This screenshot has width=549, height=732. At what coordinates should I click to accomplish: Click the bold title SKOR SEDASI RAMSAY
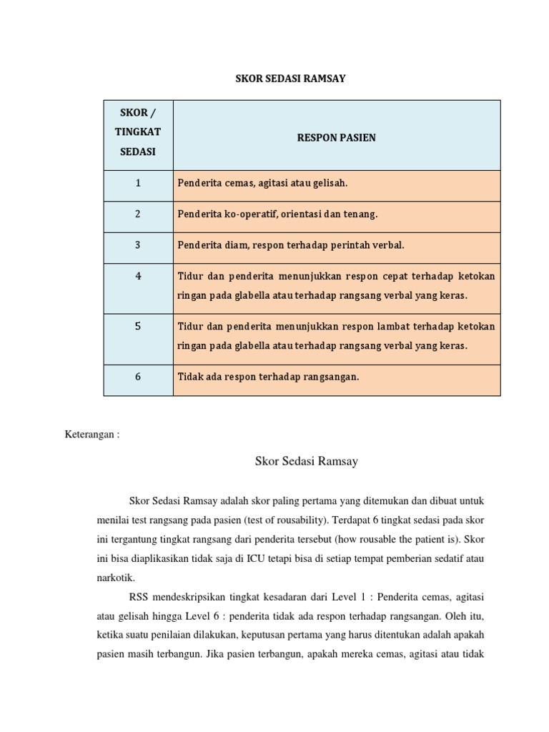click(x=290, y=79)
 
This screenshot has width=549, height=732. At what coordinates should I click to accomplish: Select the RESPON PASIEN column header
click(x=336, y=137)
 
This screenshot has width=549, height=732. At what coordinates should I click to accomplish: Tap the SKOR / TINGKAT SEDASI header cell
click(x=138, y=134)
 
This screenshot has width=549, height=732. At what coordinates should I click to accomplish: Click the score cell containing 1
click(x=138, y=184)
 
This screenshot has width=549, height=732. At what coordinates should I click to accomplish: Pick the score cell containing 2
click(x=138, y=214)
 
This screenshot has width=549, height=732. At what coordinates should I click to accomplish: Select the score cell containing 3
click(x=138, y=245)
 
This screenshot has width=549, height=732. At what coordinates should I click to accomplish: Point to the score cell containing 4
click(x=138, y=275)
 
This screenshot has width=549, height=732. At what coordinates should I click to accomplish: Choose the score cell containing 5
click(x=138, y=326)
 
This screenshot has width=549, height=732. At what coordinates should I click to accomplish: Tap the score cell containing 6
click(x=138, y=377)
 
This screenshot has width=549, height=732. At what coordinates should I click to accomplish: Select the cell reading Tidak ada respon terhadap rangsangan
click(x=268, y=377)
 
